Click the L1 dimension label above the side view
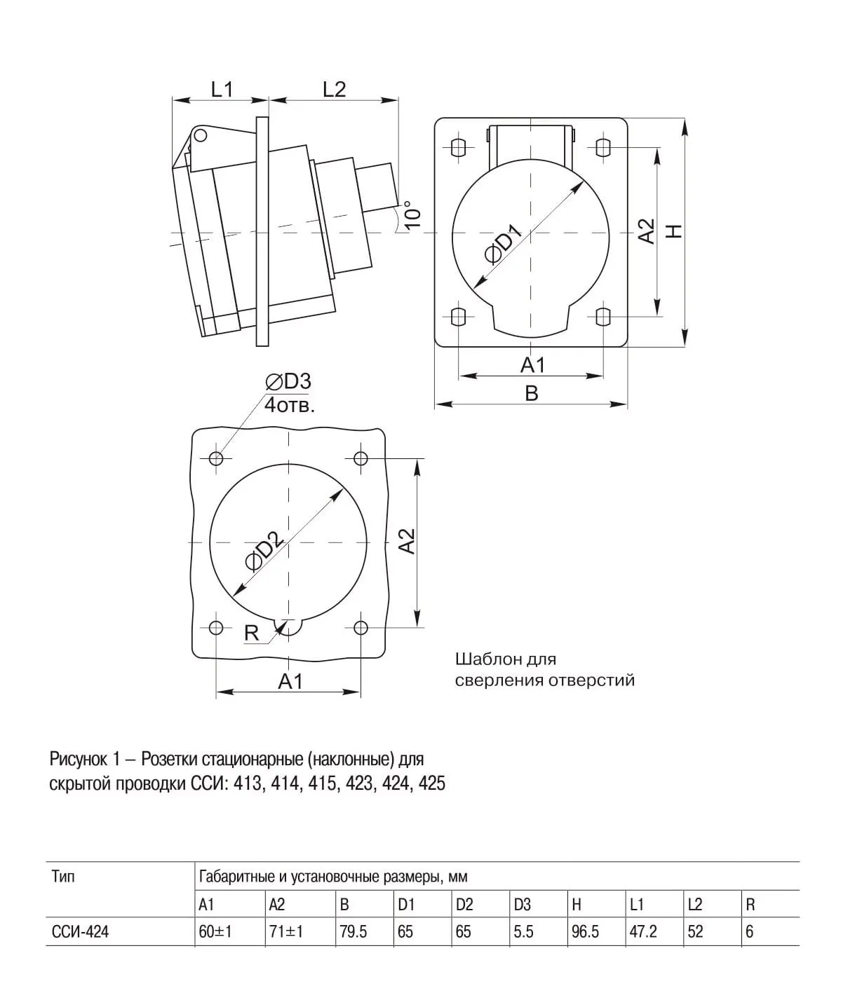222,89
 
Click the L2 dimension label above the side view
334,89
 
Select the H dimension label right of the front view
674,231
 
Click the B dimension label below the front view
532,393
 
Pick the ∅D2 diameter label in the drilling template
262,550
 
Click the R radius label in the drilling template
251,633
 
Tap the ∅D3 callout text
288,381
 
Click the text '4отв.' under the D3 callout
290,405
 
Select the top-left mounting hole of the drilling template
216,458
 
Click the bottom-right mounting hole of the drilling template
361,626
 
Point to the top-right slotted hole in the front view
603,147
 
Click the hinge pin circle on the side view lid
201,135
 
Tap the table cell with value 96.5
585,932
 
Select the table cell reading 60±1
215,932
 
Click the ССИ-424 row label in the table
80,932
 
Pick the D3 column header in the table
522,905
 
